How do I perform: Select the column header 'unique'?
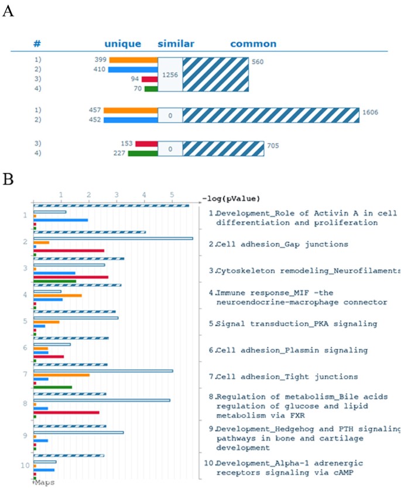point(122,44)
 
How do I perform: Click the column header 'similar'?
point(176,44)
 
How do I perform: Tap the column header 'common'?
point(253,44)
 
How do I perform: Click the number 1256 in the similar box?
point(170,74)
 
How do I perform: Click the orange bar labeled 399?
point(133,60)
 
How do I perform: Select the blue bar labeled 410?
point(133,70)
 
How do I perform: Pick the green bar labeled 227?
point(143,153)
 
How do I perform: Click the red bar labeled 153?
point(146,144)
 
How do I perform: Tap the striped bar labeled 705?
point(223,148)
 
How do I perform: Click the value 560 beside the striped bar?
point(258,60)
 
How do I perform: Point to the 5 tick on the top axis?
point(172,195)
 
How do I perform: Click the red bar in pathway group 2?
point(69,251)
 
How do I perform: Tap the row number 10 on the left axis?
point(25,466)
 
